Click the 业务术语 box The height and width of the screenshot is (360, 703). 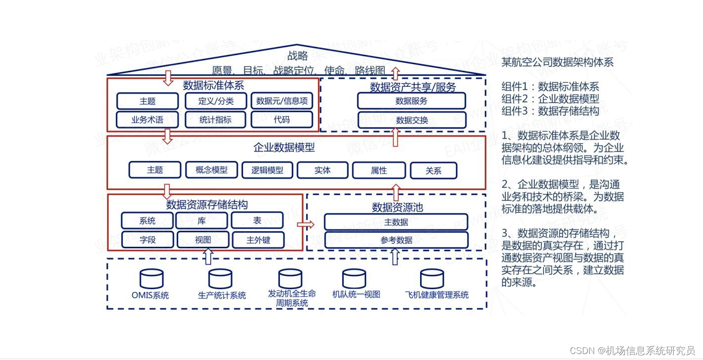coord(147,120)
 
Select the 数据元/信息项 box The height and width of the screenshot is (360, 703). coord(282,101)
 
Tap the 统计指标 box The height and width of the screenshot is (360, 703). coord(216,120)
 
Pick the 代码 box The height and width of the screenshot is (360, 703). coord(282,120)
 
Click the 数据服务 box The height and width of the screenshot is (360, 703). coord(411,101)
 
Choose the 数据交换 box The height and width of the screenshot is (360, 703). coord(411,120)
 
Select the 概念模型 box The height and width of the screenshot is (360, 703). coord(212,170)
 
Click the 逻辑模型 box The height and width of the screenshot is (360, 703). coord(267,170)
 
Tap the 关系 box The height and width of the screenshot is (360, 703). coord(433,171)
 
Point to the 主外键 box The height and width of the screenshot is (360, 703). coord(258,240)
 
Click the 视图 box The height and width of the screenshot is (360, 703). coord(203,240)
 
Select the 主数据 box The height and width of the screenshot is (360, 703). coord(396,222)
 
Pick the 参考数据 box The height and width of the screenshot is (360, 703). coord(396,240)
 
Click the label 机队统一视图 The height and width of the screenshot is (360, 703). coord(356,294)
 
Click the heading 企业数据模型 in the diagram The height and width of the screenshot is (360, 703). coord(284,148)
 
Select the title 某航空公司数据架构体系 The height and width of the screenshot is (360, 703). coord(557,62)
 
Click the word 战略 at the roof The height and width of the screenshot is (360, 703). coord(297,56)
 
